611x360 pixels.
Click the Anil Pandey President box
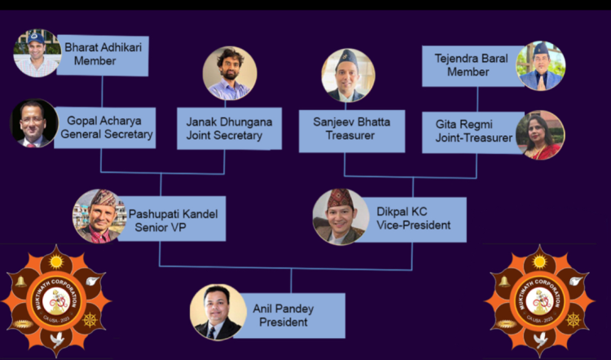(290, 315)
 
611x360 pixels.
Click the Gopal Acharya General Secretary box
(105, 128)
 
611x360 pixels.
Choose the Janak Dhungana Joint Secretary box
(230, 129)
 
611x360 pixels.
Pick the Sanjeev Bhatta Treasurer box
(352, 131)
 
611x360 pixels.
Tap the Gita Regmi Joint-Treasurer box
(473, 133)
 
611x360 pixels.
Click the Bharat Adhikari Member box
(103, 55)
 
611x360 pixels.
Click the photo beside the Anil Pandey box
(218, 312)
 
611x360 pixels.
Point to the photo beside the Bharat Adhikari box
(37, 53)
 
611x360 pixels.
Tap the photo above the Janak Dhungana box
(230, 73)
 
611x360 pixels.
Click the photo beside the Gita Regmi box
(540, 135)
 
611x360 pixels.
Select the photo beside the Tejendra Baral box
(541, 66)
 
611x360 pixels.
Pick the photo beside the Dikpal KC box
(341, 217)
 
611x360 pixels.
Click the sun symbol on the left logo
(56, 261)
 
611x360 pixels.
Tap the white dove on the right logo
(540, 340)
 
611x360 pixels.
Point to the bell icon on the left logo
(20, 282)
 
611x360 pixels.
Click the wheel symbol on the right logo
(574, 320)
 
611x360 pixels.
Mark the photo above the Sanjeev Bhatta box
(349, 76)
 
